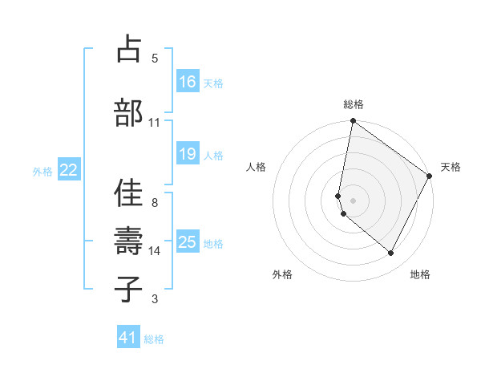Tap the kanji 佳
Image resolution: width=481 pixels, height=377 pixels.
coord(128,193)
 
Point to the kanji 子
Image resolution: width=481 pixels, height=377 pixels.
coord(128,290)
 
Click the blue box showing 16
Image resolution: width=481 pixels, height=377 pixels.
coord(188,81)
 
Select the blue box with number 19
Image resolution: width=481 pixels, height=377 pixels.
coord(188,154)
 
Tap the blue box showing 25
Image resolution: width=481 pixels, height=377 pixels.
coord(188,242)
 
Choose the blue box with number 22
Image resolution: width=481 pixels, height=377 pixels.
coord(69,170)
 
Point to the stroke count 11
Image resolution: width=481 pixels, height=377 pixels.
coord(154,123)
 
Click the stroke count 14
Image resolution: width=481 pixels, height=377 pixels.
coord(155,251)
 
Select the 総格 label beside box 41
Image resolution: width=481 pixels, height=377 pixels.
coord(154,339)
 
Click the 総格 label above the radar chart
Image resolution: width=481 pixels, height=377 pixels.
coord(354,104)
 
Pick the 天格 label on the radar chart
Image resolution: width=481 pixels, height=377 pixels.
coord(451,167)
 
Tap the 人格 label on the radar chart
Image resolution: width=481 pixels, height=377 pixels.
coord(256,167)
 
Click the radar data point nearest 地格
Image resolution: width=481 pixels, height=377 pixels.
coord(391,253)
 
